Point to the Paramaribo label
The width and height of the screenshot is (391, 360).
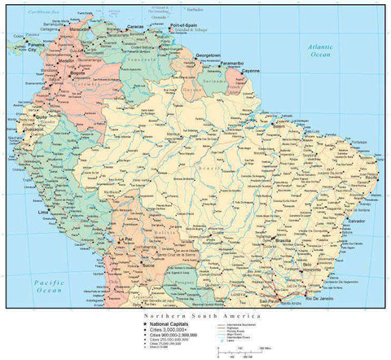tap(231, 63)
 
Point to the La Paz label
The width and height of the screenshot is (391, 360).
tap(125, 239)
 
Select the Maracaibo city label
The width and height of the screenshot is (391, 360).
tap(79, 29)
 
